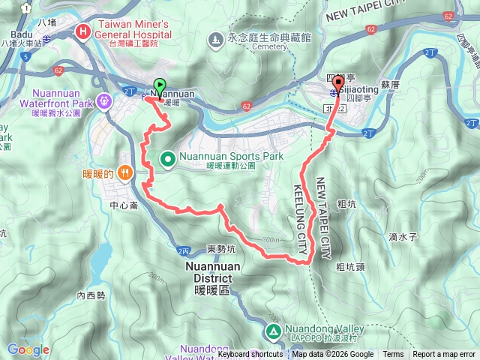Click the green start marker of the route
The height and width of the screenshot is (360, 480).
click(x=159, y=85)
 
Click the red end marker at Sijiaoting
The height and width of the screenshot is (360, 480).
click(x=337, y=82)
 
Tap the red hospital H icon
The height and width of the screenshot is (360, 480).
click(x=82, y=31)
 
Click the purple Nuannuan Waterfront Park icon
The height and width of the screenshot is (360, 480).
click(x=103, y=99)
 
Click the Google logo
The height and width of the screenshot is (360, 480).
click(x=28, y=349)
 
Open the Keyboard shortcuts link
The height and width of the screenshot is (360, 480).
click(x=250, y=355)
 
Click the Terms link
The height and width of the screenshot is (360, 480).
click(x=393, y=355)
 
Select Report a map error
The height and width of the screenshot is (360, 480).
click(x=443, y=355)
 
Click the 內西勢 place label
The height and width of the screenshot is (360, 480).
click(x=91, y=295)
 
